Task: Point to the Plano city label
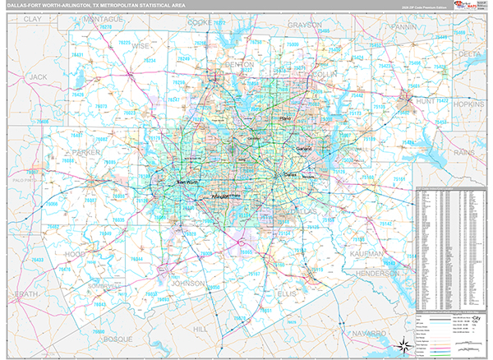click(x=286, y=118)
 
